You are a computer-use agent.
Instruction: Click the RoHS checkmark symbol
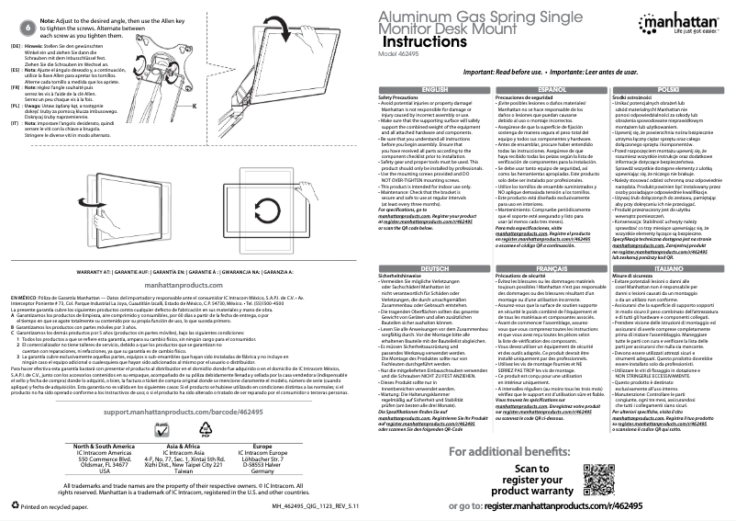coord(165,427)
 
